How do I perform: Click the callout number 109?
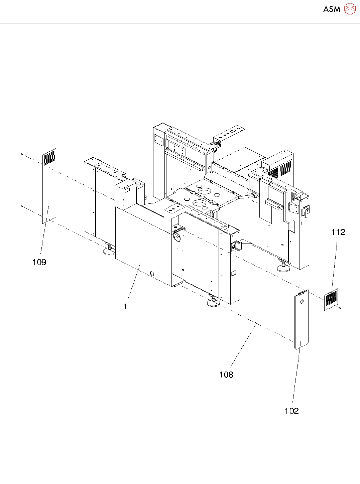(39, 262)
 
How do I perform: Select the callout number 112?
(338, 232)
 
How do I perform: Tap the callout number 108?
(226, 375)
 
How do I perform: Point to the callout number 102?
(291, 411)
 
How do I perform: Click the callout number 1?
(125, 307)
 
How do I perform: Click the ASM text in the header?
(332, 9)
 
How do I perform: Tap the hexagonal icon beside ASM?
(350, 9)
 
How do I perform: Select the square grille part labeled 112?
(331, 299)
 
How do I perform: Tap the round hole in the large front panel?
(152, 274)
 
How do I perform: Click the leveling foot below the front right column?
(213, 302)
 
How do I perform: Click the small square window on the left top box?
(127, 190)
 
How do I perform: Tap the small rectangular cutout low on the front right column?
(234, 273)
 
